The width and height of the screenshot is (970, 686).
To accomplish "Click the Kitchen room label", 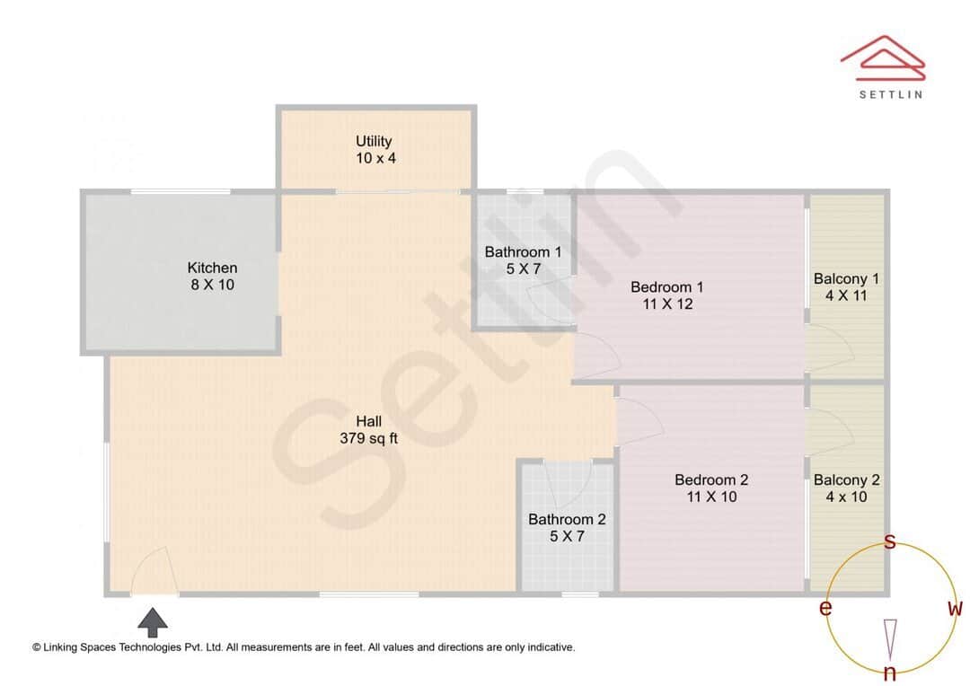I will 212,276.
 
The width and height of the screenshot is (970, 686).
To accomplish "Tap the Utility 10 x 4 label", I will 375,149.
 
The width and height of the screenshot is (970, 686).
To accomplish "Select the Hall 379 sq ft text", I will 368,430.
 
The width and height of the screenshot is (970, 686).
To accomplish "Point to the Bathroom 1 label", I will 523,260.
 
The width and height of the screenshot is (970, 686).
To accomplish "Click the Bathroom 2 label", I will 567,528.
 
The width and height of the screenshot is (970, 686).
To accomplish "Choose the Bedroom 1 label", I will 666,295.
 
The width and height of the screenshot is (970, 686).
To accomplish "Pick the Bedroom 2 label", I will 711,488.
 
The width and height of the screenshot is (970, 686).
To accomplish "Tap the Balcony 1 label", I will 846,286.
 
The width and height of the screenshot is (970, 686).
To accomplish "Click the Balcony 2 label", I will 846,488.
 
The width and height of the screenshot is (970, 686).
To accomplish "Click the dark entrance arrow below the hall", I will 153,622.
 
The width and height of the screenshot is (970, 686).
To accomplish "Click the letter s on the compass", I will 890,541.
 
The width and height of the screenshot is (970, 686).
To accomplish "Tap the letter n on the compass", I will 890,673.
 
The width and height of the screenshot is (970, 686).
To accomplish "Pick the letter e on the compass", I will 825,609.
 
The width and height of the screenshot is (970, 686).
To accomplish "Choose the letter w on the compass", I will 955,609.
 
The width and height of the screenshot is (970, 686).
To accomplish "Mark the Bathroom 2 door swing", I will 568,485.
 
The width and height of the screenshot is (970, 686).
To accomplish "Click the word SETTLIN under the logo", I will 890,93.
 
